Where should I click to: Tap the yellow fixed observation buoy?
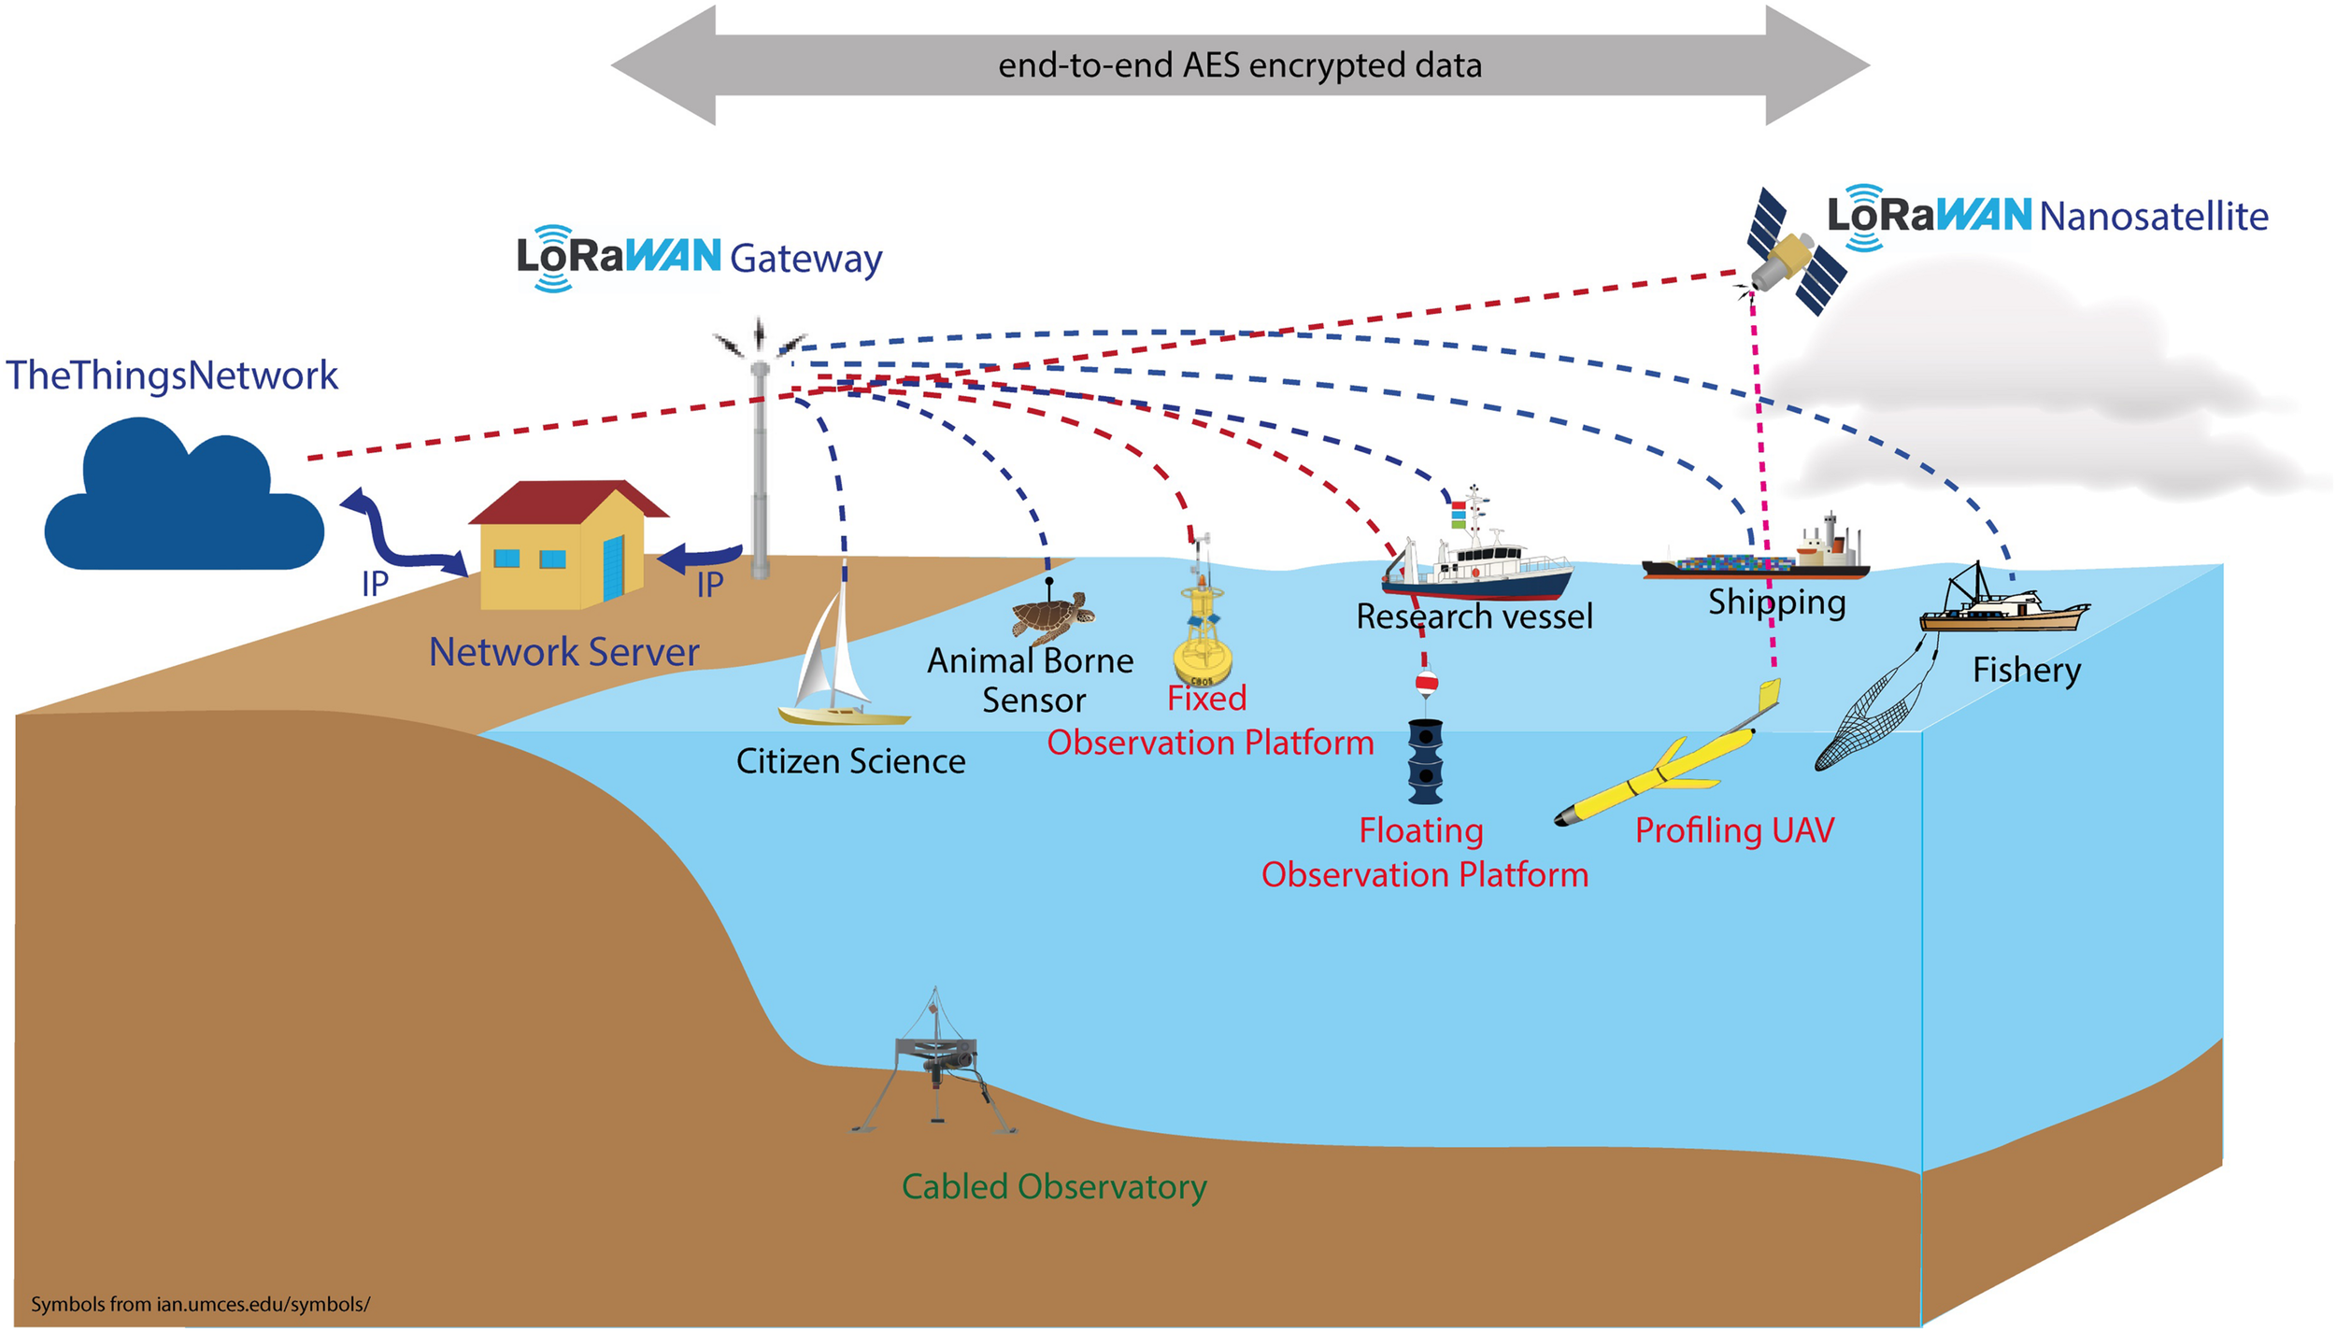click(1203, 636)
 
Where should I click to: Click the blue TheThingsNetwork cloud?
click(183, 504)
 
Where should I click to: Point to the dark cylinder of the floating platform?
click(1425, 761)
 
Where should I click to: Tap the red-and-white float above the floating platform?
click(1426, 683)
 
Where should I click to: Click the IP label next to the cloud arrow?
click(375, 585)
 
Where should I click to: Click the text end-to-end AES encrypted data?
click(1240, 65)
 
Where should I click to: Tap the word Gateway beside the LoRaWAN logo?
click(805, 259)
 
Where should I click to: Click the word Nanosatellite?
click(2153, 217)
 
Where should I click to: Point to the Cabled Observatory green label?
click(1054, 1186)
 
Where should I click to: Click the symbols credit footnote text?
click(200, 1304)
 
